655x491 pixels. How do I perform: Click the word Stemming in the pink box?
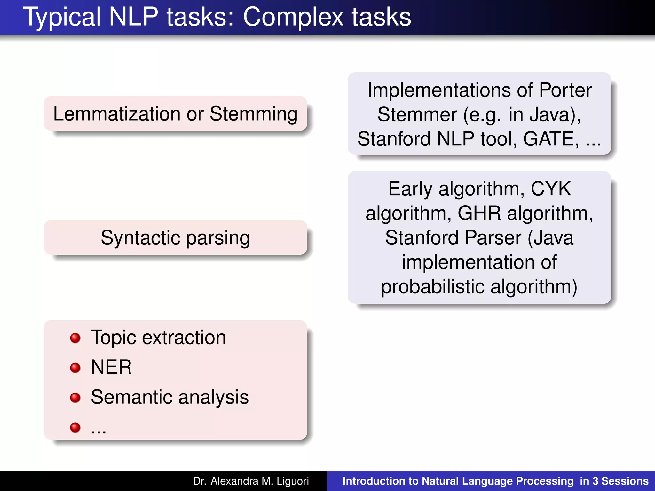[x=254, y=114]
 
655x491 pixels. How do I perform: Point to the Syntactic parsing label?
[x=175, y=238]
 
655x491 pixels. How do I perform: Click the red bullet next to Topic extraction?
[x=75, y=338]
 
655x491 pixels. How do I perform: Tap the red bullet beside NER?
[x=75, y=368]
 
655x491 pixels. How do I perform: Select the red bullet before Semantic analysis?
[x=75, y=397]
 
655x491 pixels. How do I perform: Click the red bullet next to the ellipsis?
[x=75, y=427]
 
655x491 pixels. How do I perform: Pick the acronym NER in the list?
[x=111, y=367]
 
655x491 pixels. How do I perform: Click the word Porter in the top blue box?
[x=565, y=90]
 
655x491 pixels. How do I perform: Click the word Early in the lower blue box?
[x=410, y=189]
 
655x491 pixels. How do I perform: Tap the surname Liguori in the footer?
[x=293, y=481]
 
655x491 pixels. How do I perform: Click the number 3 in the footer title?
[x=595, y=481]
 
